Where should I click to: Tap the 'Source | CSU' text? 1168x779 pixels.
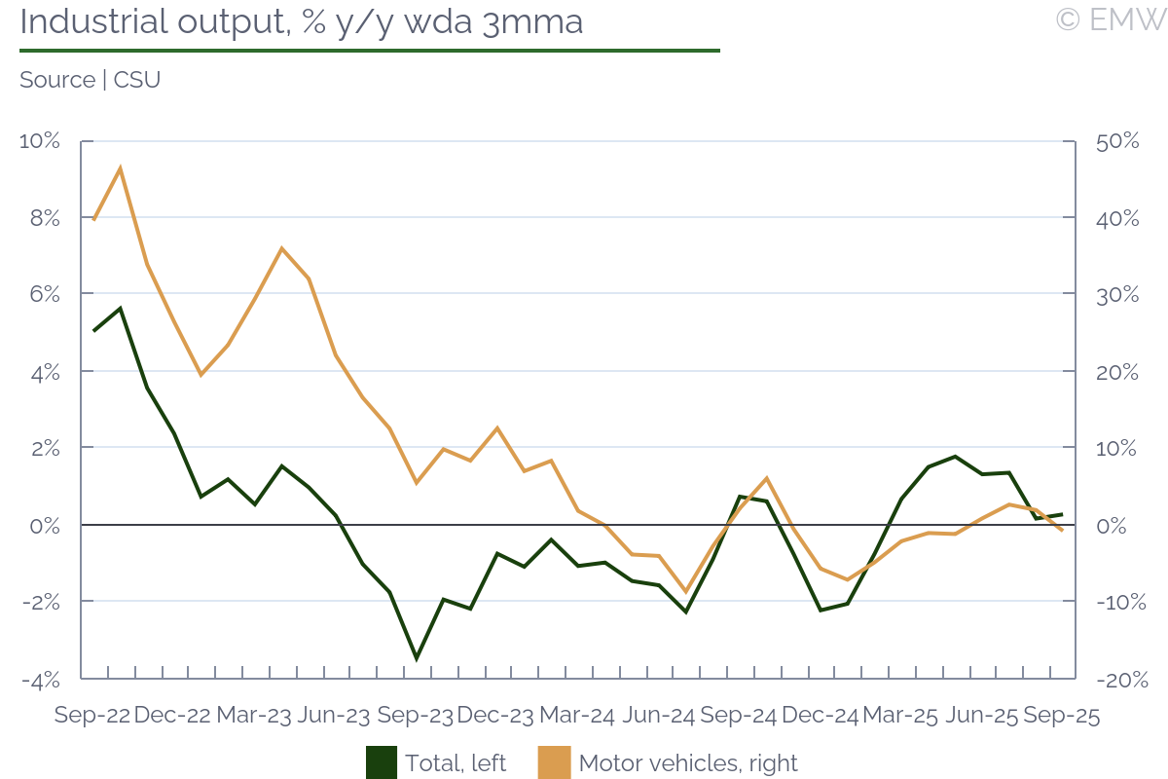pyautogui.click(x=90, y=80)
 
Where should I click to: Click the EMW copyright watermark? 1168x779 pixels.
pyautogui.click(x=1111, y=19)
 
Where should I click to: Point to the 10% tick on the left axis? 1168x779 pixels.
pyautogui.click(x=40, y=141)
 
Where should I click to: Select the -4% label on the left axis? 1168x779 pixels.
pyautogui.click(x=40, y=680)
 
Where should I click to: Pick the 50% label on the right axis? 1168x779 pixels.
pyautogui.click(x=1116, y=141)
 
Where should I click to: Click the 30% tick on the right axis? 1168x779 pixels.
pyautogui.click(x=1116, y=295)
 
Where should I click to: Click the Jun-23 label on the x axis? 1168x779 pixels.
pyautogui.click(x=333, y=716)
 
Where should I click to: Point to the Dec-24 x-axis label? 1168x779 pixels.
pyautogui.click(x=820, y=716)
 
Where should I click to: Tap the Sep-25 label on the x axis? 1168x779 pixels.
pyautogui.click(x=1061, y=716)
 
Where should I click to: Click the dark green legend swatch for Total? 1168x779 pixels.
pyautogui.click(x=381, y=762)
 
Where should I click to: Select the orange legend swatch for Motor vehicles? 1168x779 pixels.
pyautogui.click(x=554, y=762)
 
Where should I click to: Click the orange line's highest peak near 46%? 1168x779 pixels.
pyautogui.click(x=120, y=168)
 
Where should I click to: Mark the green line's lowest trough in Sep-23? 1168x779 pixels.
pyautogui.click(x=417, y=659)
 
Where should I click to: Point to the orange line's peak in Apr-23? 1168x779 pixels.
pyautogui.click(x=281, y=248)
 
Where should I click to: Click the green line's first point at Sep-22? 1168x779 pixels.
pyautogui.click(x=93, y=331)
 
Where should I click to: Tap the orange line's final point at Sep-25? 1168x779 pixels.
pyautogui.click(x=1062, y=531)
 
